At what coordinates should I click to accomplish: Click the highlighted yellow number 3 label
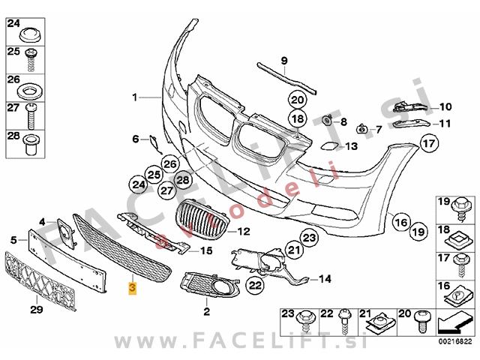click(132, 288)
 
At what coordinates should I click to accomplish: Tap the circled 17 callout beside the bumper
click(429, 143)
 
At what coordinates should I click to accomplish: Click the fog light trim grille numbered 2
click(210, 285)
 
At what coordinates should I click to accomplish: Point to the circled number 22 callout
click(255, 285)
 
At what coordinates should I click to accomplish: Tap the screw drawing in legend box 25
click(31, 60)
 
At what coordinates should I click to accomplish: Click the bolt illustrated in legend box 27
click(31, 116)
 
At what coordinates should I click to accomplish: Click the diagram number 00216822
click(455, 342)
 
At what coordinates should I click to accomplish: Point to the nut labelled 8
click(328, 120)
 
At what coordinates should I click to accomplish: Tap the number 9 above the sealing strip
click(284, 61)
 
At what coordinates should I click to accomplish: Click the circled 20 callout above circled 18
click(298, 100)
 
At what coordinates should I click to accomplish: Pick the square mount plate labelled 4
click(66, 232)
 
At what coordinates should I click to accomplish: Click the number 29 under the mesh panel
click(37, 310)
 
